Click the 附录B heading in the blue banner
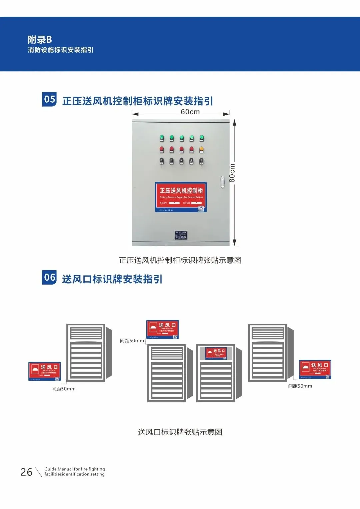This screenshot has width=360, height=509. (x=40, y=40)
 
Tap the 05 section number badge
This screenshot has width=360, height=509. (x=49, y=99)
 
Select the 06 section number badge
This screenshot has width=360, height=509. (x=49, y=278)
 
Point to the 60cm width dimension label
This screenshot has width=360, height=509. (x=190, y=112)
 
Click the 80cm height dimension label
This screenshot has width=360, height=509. (x=232, y=173)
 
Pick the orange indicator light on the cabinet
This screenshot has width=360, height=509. (x=201, y=149)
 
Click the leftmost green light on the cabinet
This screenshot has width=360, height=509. (x=162, y=137)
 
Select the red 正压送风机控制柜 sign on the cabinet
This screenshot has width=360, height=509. (x=181, y=197)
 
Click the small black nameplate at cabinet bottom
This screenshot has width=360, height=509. (x=181, y=235)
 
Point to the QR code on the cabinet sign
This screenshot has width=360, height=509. (x=201, y=209)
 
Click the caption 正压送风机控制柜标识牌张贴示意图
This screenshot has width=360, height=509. (x=180, y=260)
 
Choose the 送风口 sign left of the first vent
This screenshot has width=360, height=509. (x=45, y=371)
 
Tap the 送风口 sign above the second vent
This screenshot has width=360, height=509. (x=163, y=329)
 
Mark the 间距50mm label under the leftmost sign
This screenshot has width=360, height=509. (x=64, y=389)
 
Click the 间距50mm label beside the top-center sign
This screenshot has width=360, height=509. (x=132, y=341)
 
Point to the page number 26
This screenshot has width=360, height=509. (x=26, y=472)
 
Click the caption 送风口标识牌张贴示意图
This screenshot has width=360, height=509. (x=180, y=432)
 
